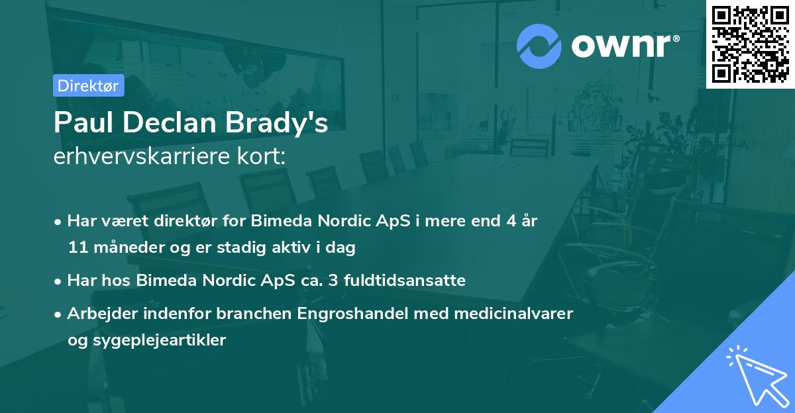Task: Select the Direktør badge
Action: click(88, 85)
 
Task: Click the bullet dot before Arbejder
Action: click(59, 314)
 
